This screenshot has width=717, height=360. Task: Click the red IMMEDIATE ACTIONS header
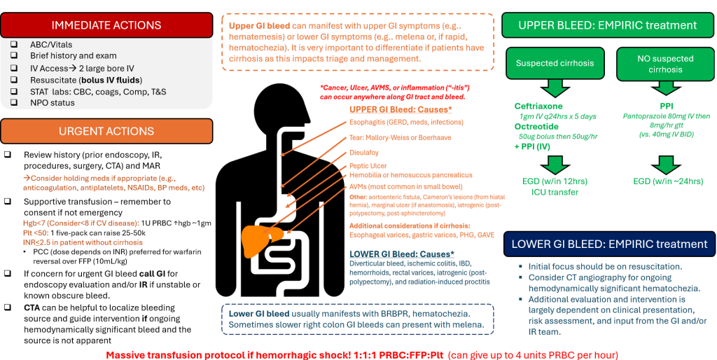point(106,25)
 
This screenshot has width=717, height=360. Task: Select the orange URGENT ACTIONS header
point(106,131)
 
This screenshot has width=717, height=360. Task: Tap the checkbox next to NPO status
point(14,103)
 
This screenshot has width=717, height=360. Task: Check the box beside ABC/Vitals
point(14,44)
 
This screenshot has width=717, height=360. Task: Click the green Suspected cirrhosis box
point(555,63)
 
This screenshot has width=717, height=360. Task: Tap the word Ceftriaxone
point(538,106)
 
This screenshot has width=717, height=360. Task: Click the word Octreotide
point(536,127)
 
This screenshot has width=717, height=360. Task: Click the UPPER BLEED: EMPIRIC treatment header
point(607,25)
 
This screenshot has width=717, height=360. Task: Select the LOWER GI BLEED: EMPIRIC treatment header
point(609,244)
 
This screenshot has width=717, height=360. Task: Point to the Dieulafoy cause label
point(366,152)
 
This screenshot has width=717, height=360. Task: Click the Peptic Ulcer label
point(369,165)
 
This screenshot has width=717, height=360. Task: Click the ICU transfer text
point(554,192)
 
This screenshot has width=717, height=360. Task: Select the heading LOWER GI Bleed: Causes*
point(402,254)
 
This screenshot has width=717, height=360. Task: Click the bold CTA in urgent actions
point(33,308)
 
